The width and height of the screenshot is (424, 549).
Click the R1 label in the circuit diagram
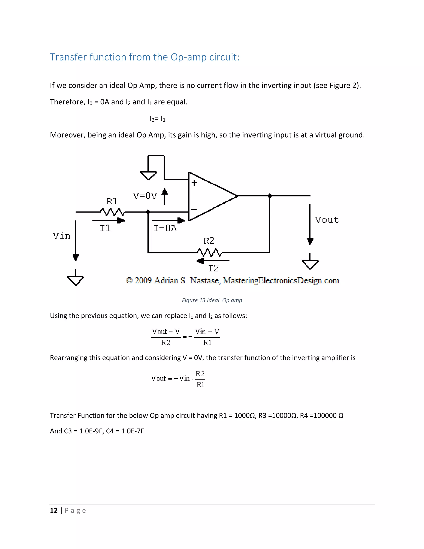click(x=112, y=201)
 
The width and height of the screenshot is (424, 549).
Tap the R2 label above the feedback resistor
click(x=209, y=241)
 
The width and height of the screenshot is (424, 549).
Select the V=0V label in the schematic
click(x=145, y=196)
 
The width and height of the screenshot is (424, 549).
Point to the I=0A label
click(x=165, y=228)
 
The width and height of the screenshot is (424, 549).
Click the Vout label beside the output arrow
click(x=327, y=220)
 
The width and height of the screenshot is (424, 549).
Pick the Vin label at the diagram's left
click(x=61, y=236)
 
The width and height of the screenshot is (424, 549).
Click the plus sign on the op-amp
click(x=194, y=183)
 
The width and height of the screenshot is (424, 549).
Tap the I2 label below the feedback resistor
click(x=213, y=268)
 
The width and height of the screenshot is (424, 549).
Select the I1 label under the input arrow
click(x=105, y=228)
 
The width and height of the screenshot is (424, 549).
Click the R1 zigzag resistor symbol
click(x=112, y=212)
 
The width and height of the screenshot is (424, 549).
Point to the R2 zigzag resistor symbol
click(x=209, y=252)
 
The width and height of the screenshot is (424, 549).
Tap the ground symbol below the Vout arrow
click(x=310, y=264)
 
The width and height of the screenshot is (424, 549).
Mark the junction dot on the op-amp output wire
click(x=270, y=196)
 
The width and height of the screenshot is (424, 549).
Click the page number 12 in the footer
click(x=54, y=510)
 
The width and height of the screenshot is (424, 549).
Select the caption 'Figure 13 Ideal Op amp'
click(x=212, y=300)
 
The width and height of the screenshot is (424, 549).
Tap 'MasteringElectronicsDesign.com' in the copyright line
click(x=281, y=281)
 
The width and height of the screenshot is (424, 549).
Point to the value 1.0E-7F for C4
click(x=133, y=431)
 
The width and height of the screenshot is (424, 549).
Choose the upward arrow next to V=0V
click(x=165, y=196)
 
